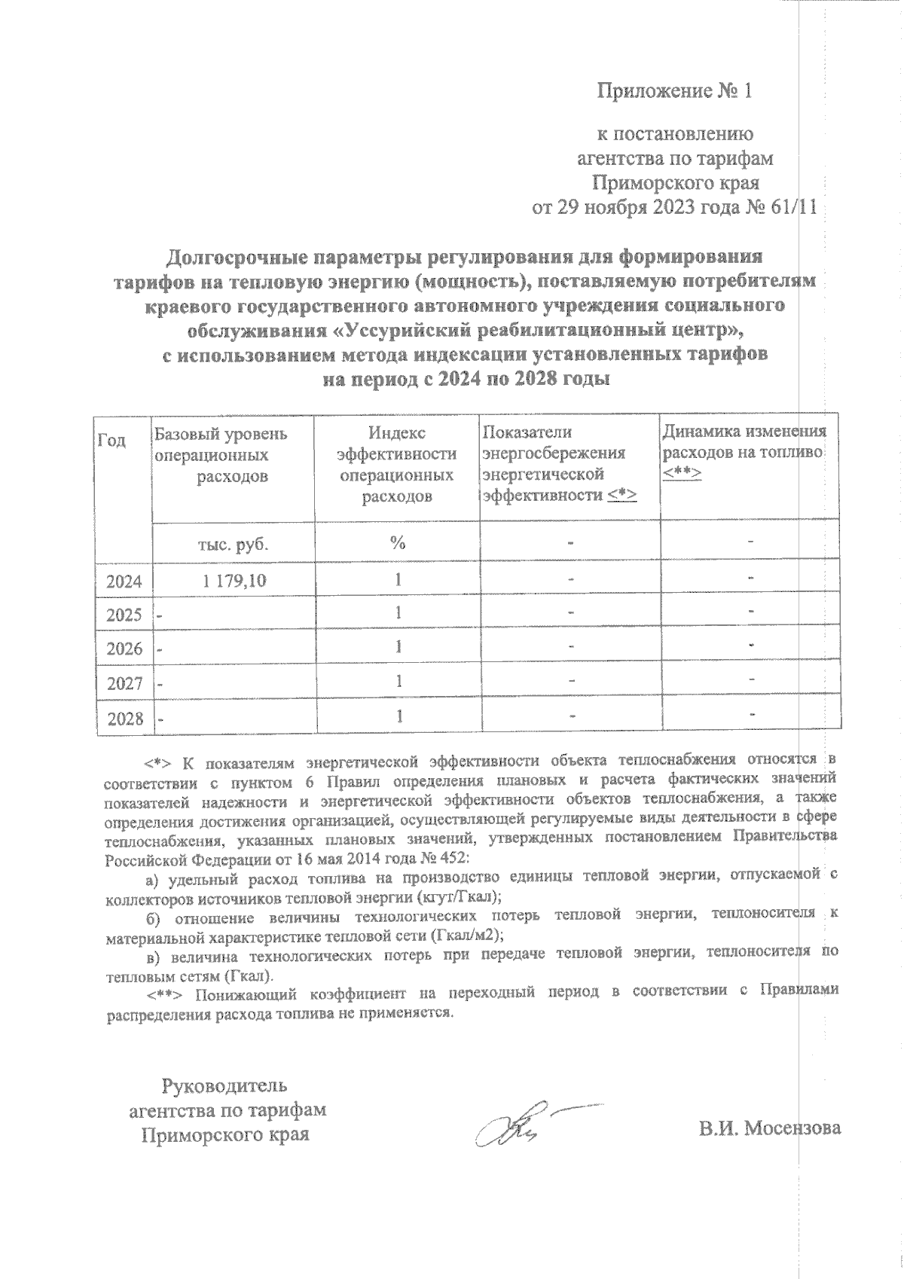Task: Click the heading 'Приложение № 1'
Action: point(675,91)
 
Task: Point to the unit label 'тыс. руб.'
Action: point(233,545)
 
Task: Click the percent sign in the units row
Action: point(398,544)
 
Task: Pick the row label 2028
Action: point(124,719)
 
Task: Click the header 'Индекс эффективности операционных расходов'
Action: point(397,465)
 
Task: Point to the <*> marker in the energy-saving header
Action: point(623,495)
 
